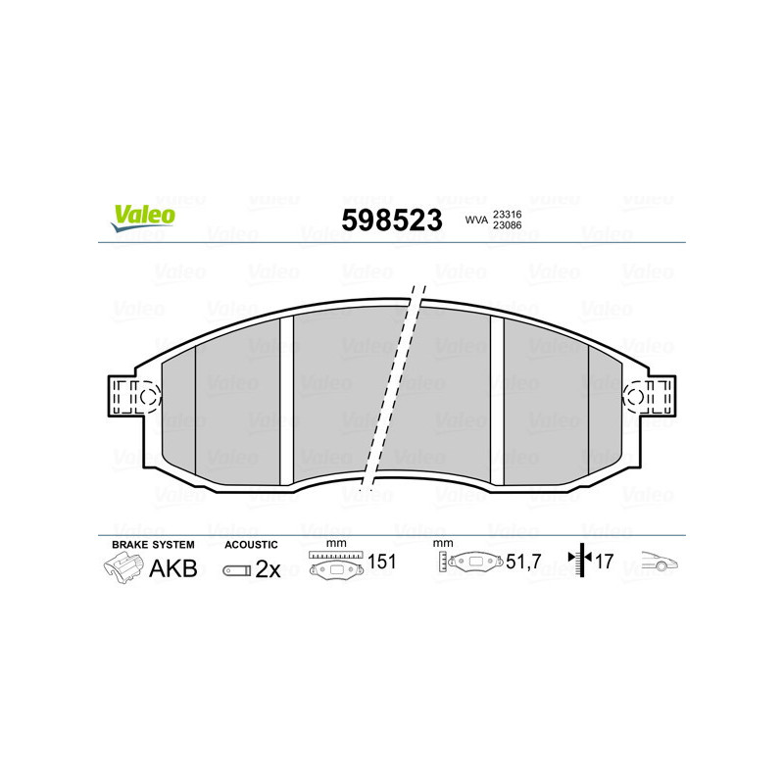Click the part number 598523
pyautogui.click(x=391, y=220)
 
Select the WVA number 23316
pyautogui.click(x=508, y=215)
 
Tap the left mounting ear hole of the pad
pyautogui.click(x=148, y=398)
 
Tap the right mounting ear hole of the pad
pyautogui.click(x=634, y=398)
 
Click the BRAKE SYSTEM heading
pyautogui.click(x=153, y=544)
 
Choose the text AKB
pyautogui.click(x=172, y=569)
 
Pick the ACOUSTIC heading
pyautogui.click(x=251, y=544)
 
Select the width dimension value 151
pyautogui.click(x=381, y=563)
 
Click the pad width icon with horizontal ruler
pyautogui.click(x=336, y=566)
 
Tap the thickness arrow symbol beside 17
pyautogui.click(x=583, y=562)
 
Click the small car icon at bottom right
pyautogui.click(x=660, y=563)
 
